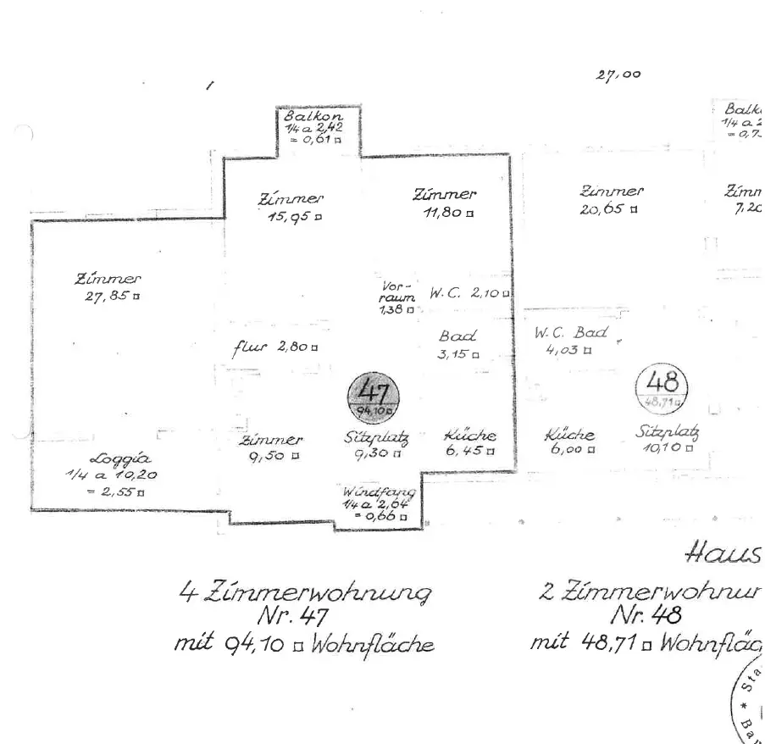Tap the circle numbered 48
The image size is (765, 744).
click(x=662, y=388)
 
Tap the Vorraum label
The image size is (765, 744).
click(x=397, y=292)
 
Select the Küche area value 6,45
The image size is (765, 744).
click(x=465, y=451)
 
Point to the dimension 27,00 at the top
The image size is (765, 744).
click(x=618, y=75)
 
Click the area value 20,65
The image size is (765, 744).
click(x=604, y=208)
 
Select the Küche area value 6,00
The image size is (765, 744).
click(x=568, y=450)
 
